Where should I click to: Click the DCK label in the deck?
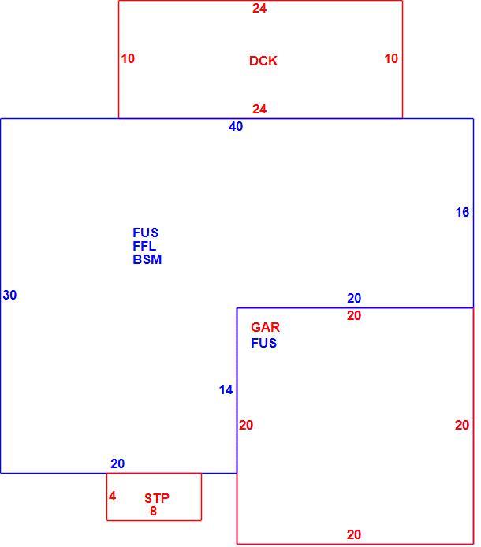263,61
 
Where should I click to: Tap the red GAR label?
265,327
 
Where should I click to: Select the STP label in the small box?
157,498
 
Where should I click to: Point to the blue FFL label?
144,246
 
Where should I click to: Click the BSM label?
147,259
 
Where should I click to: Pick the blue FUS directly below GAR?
264,344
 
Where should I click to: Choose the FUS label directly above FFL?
146,233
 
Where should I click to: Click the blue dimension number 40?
236,126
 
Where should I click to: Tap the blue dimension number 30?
9,295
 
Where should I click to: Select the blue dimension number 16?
463,212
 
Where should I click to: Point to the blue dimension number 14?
226,389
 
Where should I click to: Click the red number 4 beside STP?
113,496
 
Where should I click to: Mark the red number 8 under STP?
153,511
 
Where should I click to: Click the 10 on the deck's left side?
128,58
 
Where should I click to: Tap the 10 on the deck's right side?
391,58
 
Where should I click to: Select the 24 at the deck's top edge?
259,9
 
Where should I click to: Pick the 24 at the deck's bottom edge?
259,110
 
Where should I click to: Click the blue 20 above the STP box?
117,463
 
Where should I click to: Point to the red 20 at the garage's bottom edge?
354,534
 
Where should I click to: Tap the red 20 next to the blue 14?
246,425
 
